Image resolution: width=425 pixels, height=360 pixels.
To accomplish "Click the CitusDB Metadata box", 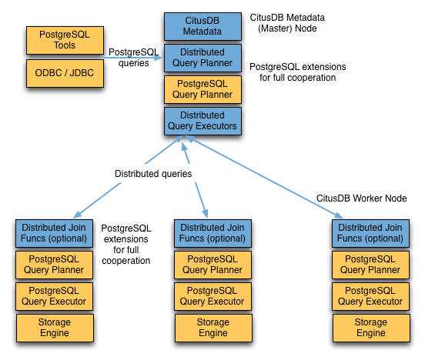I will pos(202,26).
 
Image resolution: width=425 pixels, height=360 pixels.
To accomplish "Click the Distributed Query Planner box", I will pos(202,58).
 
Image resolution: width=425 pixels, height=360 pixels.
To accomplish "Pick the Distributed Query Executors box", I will pos(202,121).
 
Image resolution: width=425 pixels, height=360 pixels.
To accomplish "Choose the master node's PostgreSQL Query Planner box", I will pos(202,89).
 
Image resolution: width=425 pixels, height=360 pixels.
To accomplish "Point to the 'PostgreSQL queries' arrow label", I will pos(134,58).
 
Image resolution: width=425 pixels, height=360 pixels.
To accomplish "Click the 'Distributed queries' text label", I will pos(153,174).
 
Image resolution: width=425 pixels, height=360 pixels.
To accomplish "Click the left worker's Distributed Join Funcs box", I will pos(55,232).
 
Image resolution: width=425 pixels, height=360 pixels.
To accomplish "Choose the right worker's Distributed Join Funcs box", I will pos(370,232).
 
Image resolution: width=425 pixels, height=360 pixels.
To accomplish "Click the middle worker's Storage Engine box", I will pos(212,327).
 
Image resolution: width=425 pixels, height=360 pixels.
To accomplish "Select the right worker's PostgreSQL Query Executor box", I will pos(371,295).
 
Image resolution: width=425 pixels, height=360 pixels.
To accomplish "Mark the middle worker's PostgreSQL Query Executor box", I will pos(212,295).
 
